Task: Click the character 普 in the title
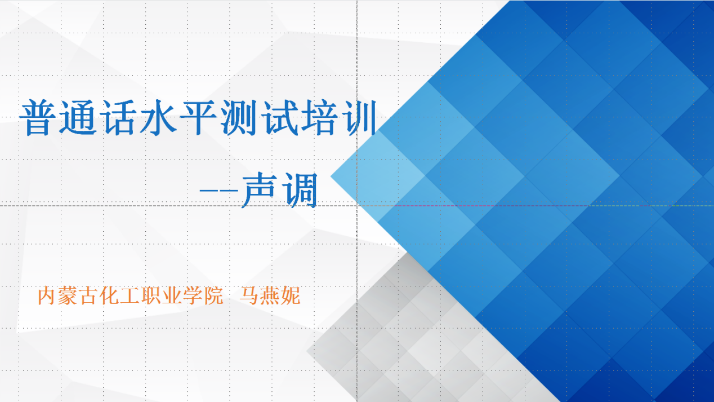tap(37, 117)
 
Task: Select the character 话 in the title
tap(118, 117)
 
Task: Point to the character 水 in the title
tap(158, 117)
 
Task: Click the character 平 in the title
tap(198, 117)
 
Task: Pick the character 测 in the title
tap(238, 117)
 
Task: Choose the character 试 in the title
tap(279, 117)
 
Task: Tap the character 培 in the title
tap(319, 117)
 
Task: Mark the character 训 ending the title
tap(359, 117)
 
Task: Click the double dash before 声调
tap(219, 191)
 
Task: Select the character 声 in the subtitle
tap(259, 190)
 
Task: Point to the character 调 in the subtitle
tap(300, 190)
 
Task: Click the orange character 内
tap(47, 296)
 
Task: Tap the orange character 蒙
tap(68, 296)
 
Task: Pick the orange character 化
tap(109, 296)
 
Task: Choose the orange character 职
tap(151, 296)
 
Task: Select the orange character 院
tap(213, 296)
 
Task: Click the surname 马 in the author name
tap(249, 296)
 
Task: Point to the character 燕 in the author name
tap(270, 296)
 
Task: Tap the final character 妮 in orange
tap(291, 296)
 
